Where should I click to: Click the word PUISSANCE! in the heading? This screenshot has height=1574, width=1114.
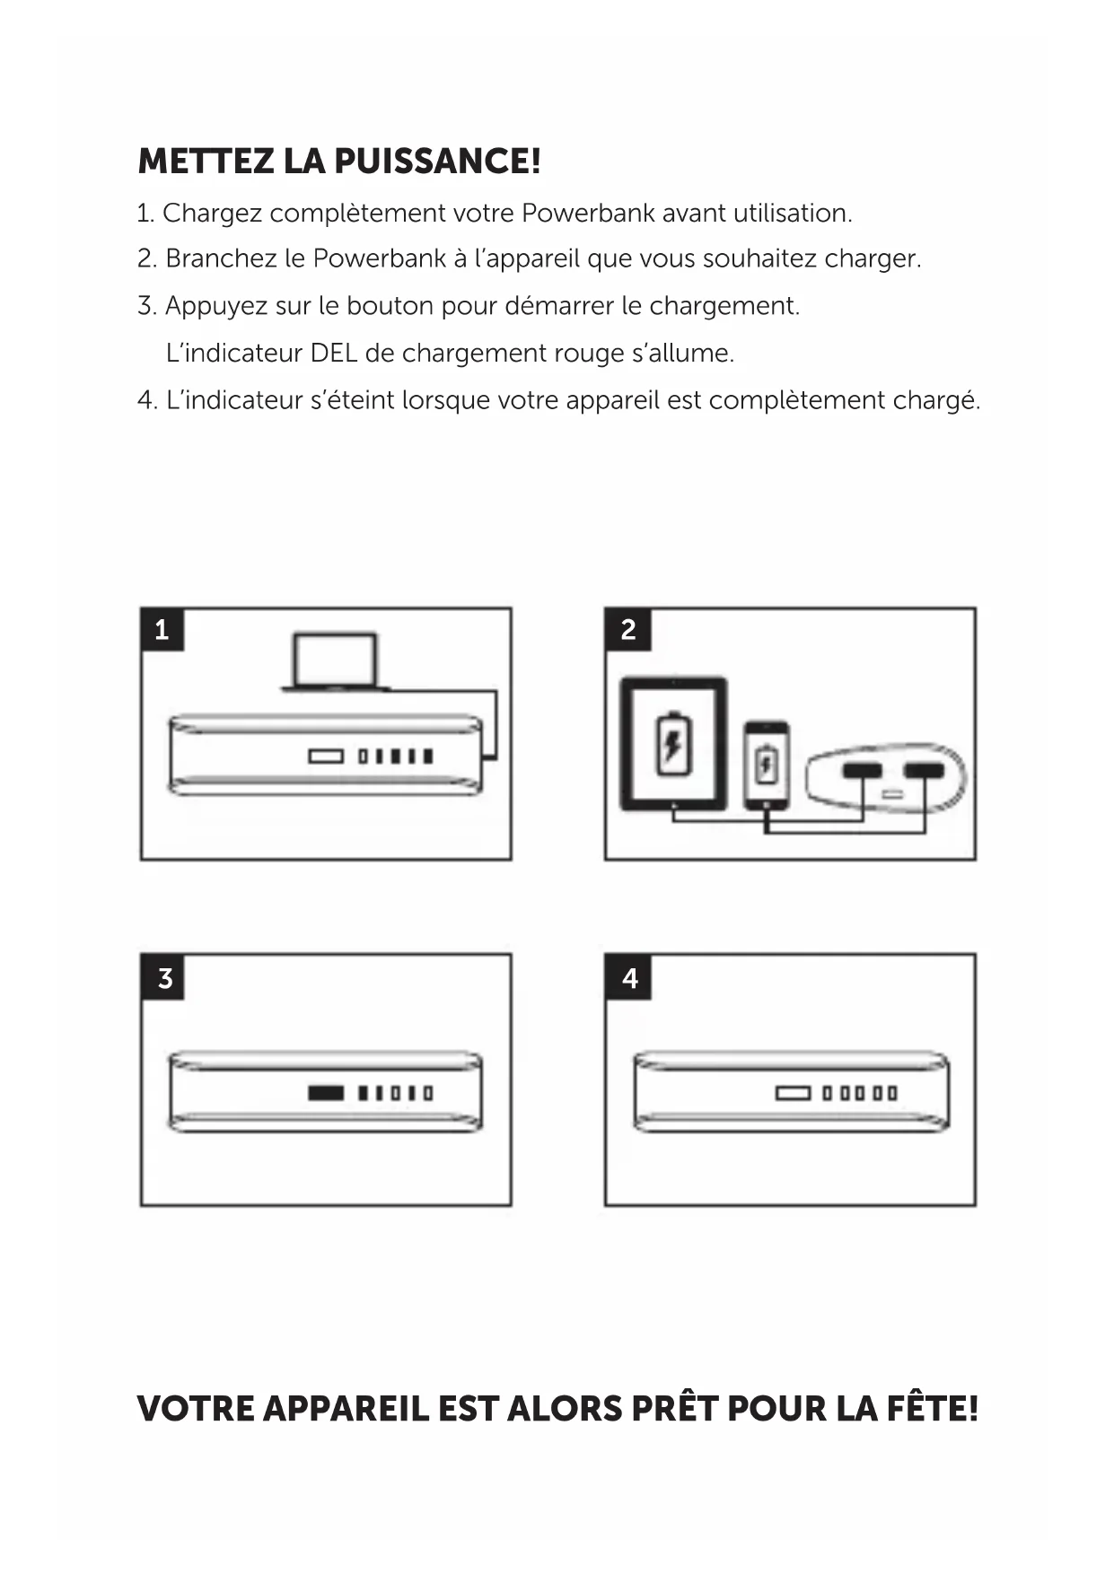pos(438,162)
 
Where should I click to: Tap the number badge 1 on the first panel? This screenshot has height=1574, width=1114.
pos(162,630)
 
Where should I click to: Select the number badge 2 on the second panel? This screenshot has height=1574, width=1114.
pos(627,630)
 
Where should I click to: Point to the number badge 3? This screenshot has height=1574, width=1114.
pos(163,977)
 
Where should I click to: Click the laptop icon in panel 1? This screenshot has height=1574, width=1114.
pos(334,662)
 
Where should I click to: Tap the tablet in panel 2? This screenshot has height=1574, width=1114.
pos(673,745)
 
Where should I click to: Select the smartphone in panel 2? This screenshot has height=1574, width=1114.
pos(767,764)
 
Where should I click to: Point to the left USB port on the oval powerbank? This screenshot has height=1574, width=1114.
pos(863,771)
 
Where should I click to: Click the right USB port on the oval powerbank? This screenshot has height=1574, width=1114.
pos(924,771)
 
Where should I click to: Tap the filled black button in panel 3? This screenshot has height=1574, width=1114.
pos(325,1093)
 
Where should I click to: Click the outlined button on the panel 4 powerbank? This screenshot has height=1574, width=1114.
pos(793,1093)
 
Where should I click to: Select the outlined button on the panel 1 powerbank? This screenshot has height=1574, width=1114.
pos(326,756)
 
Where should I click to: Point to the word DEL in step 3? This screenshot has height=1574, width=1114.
pos(333,354)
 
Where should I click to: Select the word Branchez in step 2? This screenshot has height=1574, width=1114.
pos(220,259)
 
